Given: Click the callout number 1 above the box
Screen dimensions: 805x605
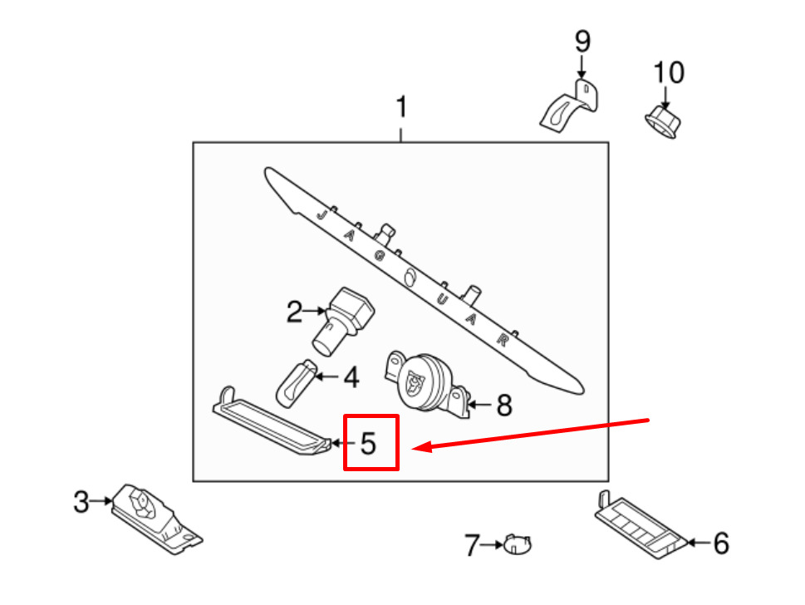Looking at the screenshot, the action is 402,109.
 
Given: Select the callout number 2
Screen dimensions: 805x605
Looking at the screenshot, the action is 295,312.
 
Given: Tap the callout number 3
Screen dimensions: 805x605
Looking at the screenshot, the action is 81,502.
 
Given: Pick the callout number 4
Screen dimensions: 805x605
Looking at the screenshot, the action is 351,379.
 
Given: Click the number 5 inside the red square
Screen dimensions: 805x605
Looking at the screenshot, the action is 368,443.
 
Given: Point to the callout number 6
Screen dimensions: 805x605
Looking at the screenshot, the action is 720,544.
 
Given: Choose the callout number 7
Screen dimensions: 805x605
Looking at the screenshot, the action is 472,546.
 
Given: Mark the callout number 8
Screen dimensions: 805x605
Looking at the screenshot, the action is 503,406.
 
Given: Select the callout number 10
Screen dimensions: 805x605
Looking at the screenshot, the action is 668,73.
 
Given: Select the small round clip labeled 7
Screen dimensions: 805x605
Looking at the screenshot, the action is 518,545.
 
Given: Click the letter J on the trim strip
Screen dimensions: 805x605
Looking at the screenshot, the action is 321,214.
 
